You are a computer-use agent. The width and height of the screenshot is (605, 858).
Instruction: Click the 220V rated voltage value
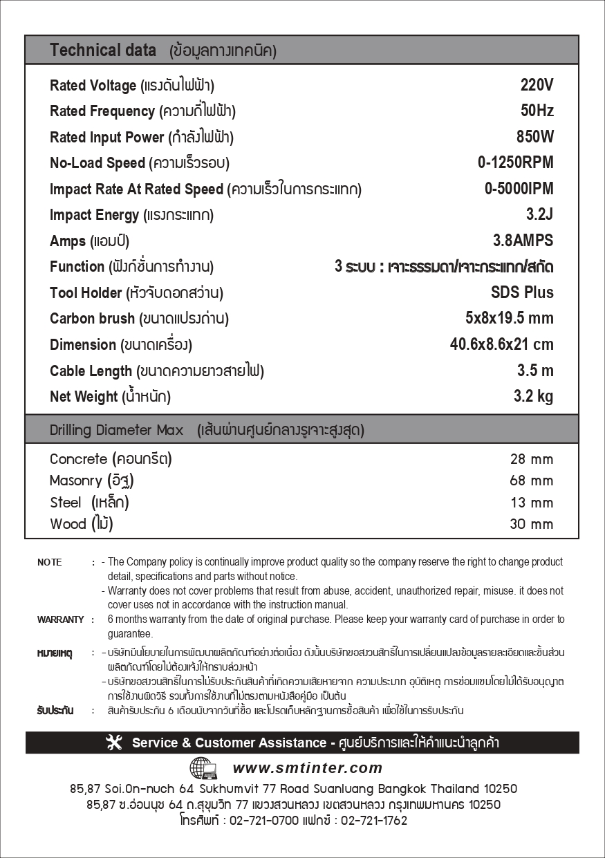coord(537,85)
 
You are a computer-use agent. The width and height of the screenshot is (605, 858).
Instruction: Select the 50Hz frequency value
coord(537,111)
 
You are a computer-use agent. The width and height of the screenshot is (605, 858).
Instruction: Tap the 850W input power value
coord(534,137)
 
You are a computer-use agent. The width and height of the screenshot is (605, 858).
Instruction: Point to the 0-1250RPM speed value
coord(515,162)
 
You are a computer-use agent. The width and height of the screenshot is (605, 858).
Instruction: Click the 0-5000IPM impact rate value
coord(519,189)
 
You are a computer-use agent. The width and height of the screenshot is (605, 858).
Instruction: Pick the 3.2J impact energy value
coord(539,214)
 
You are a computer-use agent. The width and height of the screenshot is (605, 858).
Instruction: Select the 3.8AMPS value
coord(523,241)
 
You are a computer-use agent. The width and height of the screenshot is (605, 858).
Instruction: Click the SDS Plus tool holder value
coord(522,292)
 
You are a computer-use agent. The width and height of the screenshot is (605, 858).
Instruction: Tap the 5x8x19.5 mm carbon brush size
coord(509,318)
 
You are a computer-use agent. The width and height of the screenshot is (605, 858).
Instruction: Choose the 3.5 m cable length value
coord(535,371)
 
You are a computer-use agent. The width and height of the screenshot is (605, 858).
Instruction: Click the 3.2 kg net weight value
coord(533,396)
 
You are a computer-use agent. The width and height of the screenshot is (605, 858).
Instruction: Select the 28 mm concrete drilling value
coord(531,459)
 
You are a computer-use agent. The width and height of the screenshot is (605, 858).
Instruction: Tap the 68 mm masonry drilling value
coord(531,481)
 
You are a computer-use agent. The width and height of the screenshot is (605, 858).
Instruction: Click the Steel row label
coord(66,503)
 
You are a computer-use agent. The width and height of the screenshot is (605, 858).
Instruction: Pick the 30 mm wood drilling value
coord(531,524)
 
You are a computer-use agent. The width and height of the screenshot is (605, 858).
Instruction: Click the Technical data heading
coord(103,50)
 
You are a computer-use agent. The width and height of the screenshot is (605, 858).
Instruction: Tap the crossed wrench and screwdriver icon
coord(114,743)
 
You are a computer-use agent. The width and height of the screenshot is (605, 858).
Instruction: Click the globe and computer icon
coord(203,768)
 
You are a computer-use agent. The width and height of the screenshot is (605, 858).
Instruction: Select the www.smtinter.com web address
coord(307,767)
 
